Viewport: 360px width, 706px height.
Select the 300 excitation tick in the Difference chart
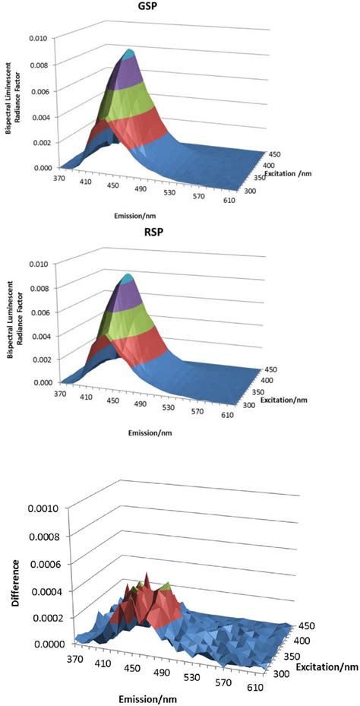pyautogui.click(x=278, y=672)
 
